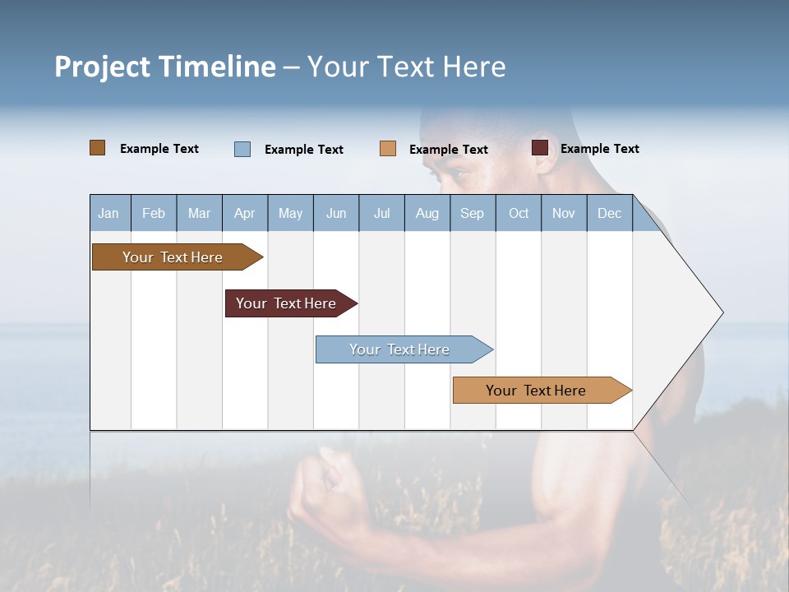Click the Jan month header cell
[x=109, y=213]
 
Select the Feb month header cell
[x=154, y=213]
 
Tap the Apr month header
[x=245, y=213]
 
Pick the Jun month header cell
[x=336, y=213]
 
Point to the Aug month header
[x=427, y=213]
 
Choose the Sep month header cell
[x=473, y=213]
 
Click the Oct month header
[x=519, y=213]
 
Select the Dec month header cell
[x=610, y=213]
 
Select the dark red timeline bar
[x=288, y=303]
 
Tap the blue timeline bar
[x=401, y=349]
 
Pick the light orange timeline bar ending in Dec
[x=538, y=391]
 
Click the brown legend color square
[x=98, y=148]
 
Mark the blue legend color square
[x=242, y=149]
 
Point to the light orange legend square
[x=388, y=149]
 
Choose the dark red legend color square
[x=540, y=148]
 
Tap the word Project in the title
[x=102, y=67]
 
